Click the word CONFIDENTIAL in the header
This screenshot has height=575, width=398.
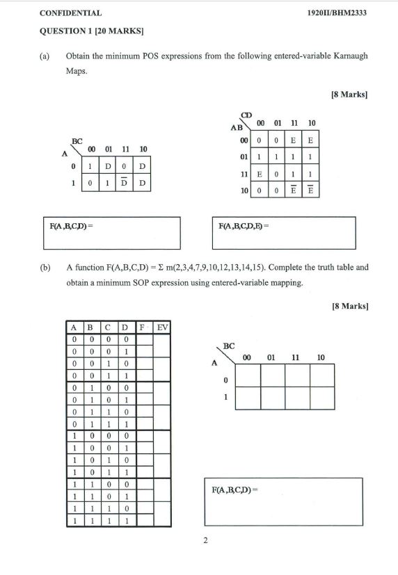coord(71,13)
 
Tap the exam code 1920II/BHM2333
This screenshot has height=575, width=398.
coord(337,13)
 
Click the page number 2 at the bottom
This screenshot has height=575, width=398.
coord(205,541)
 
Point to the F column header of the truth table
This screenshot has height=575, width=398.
coord(142,326)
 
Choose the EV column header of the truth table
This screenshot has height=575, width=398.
coord(162,326)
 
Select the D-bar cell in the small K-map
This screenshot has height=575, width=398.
coord(125,184)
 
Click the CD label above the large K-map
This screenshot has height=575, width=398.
coord(246,115)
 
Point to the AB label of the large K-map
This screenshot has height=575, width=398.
coord(236,128)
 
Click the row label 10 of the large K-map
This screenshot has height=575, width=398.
coord(237,189)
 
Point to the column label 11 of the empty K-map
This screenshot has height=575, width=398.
coord(296,357)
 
